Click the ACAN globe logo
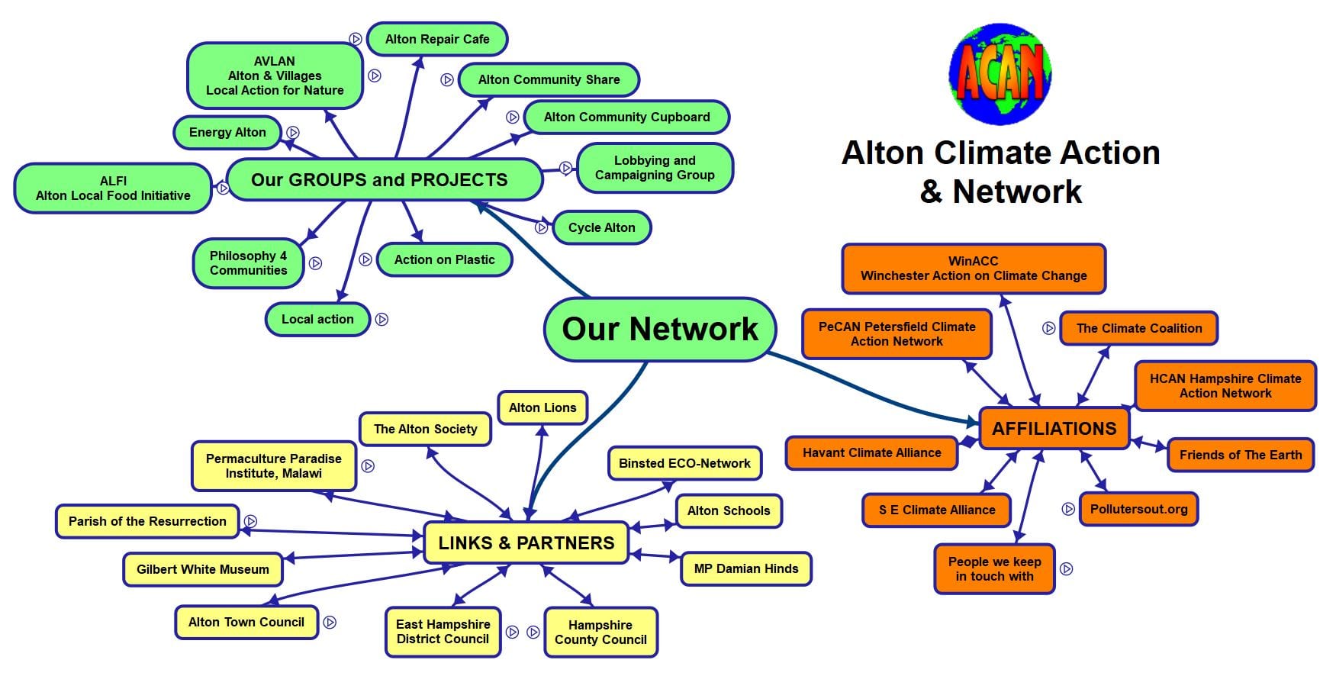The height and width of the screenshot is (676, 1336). coord(1000,74)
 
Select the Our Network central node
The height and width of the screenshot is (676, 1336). coord(660,329)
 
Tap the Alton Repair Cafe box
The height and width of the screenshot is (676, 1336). coord(437,39)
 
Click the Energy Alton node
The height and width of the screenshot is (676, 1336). coord(227,132)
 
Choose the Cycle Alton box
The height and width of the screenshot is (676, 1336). coord(601,227)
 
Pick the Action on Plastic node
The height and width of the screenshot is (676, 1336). coord(444,259)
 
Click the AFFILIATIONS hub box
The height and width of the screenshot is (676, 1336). coord(1054,429)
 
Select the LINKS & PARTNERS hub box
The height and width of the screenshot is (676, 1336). coord(526,543)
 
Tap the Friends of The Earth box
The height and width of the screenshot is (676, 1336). coord(1241,455)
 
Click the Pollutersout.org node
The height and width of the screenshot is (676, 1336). coord(1138,510)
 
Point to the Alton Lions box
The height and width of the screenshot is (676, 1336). coord(542,407)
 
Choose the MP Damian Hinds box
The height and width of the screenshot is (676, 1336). coord(745,568)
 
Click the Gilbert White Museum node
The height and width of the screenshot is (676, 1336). coord(203,569)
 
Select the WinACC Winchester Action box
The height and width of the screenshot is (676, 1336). coord(974,269)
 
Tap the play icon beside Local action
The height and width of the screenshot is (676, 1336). coord(382,319)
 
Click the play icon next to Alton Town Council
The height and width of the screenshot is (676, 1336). coord(330,622)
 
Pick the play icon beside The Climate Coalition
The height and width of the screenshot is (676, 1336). coord(1049,328)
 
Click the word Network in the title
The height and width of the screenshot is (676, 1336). coord(1017,191)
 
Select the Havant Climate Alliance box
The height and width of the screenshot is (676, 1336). coord(871,452)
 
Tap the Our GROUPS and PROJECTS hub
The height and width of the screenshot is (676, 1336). coord(379,180)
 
